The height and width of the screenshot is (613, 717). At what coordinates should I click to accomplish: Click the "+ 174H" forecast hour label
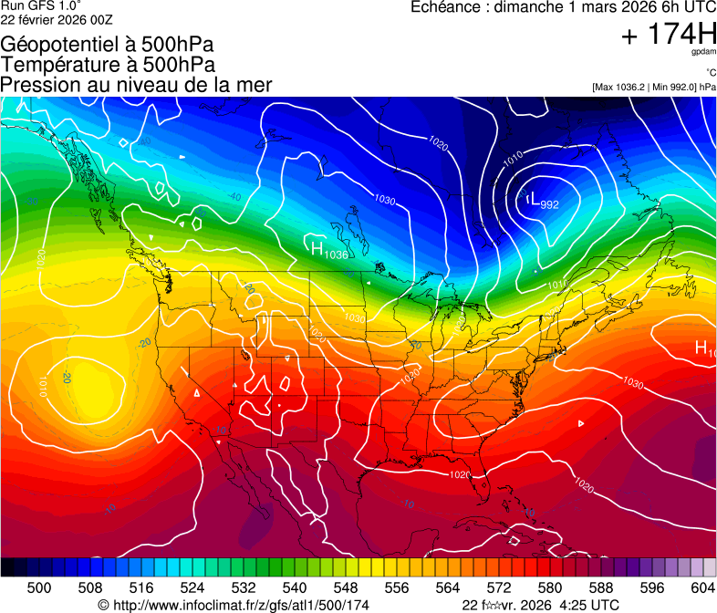pos(668,36)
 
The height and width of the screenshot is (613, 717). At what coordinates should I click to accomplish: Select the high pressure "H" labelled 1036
pos(317,248)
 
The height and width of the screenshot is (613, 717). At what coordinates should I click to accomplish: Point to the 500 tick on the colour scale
pos(39,587)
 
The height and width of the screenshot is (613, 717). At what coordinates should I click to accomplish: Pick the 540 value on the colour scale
pos(295,587)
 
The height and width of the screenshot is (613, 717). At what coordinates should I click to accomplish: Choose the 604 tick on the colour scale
pos(702,587)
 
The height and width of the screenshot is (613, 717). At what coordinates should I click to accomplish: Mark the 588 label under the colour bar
pos(600,587)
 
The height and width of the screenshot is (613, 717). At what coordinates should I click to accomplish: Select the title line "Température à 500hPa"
pos(108,64)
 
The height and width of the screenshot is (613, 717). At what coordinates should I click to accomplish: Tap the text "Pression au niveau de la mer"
pos(136,85)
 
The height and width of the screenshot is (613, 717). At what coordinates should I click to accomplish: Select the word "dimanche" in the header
pos(530,7)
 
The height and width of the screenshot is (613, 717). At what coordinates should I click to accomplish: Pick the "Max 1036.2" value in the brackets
pos(619,87)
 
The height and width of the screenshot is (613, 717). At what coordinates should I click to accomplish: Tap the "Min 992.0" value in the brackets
pos(673,87)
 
